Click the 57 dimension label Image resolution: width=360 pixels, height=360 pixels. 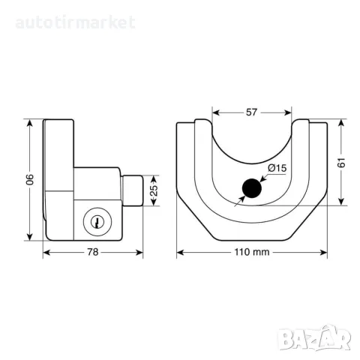pos(251,112)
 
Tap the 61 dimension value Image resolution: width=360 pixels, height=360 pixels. pos(341,163)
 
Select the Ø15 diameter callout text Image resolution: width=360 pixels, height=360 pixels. pos(277,168)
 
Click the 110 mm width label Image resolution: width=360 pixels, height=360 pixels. pos(252,252)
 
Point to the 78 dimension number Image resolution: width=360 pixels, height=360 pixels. pos(93,252)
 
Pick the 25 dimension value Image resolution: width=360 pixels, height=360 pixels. pos(154,190)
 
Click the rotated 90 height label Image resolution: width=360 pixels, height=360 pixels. pos(30,179)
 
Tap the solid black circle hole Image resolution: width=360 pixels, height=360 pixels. pos(252,188)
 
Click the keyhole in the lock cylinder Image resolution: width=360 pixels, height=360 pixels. pos(97,222)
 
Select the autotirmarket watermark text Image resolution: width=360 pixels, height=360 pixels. pos(75,22)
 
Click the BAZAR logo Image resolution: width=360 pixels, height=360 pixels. pos(314,337)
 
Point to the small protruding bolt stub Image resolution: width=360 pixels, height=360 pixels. pos(133,190)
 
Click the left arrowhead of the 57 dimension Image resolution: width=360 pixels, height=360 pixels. pos(216,112)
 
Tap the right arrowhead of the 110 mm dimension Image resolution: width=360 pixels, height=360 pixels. pos(323,253)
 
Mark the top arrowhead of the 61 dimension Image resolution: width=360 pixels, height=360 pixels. pos(341,123)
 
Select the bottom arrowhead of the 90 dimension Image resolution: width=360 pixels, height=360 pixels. pos(30,237)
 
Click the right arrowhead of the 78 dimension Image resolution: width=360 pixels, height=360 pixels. pos(139,253)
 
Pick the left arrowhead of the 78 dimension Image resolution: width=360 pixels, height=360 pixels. pos(46,253)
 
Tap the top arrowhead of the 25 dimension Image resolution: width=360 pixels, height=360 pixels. pos(154,178)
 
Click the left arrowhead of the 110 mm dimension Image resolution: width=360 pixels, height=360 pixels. pos(181,253)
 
